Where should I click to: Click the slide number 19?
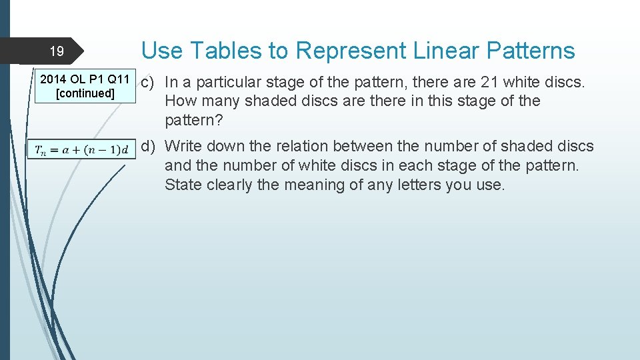(57, 51)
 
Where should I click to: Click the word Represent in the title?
(351, 51)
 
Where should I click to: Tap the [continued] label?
(85, 93)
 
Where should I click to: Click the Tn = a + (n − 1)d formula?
(81, 149)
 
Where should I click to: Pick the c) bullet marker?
(148, 83)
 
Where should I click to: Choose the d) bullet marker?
(148, 146)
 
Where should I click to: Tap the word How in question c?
(179, 101)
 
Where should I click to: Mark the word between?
(397, 146)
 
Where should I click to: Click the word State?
(181, 185)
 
